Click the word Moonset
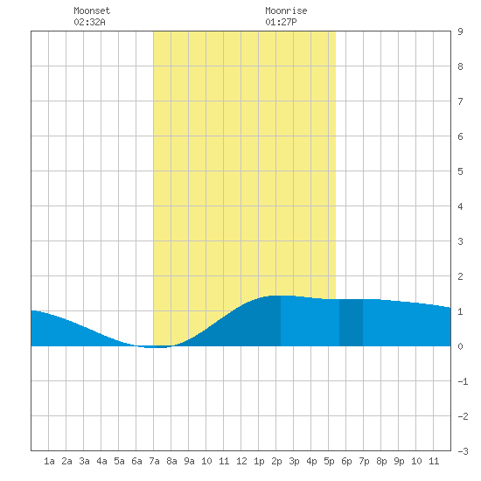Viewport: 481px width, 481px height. (92, 10)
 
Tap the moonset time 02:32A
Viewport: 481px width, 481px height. (89, 22)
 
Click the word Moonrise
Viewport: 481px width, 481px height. (286, 10)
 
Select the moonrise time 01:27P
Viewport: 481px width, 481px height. (281, 22)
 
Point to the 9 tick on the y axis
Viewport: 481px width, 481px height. (460, 31)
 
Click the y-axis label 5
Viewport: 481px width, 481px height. (460, 171)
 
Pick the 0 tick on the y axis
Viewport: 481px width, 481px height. (460, 346)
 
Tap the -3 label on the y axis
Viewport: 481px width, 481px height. (463, 451)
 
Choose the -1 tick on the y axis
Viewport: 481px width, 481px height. (463, 381)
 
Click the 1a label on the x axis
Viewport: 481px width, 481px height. (49, 461)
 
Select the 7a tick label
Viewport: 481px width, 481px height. (154, 461)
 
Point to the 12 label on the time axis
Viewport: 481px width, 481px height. (241, 461)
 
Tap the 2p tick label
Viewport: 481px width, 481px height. (276, 461)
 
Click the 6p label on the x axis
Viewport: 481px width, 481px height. (346, 461)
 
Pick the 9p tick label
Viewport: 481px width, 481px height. (399, 461)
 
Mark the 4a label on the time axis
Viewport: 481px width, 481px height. (101, 461)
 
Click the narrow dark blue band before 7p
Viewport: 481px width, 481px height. (351, 323)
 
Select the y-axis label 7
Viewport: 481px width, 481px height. (460, 101)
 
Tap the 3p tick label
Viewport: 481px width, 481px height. (294, 461)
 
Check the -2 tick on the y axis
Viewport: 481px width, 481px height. (463, 416)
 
